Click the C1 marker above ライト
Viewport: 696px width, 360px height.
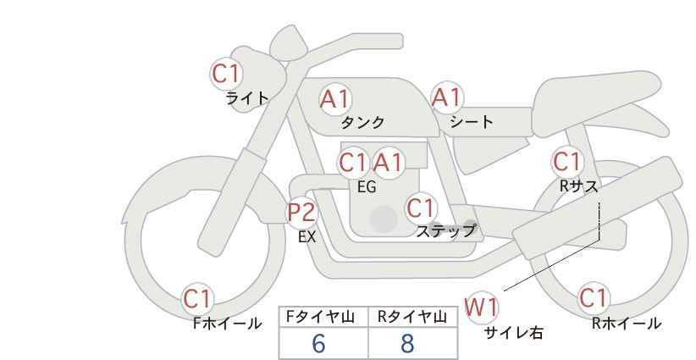(226, 74)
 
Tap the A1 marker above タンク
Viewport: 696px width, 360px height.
(335, 99)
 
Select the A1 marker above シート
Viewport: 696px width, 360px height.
(447, 97)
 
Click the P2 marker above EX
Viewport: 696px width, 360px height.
(302, 212)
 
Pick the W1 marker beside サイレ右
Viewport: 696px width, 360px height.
(481, 307)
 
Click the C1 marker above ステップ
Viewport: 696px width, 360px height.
(421, 208)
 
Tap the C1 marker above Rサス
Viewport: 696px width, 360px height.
(567, 162)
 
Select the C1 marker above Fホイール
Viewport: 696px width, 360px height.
(197, 299)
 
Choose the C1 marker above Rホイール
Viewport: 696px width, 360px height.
(594, 298)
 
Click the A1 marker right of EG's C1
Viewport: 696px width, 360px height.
(388, 163)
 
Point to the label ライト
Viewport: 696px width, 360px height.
(247, 98)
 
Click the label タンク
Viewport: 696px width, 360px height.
(362, 123)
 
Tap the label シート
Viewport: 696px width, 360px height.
(472, 122)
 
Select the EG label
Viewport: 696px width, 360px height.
(367, 187)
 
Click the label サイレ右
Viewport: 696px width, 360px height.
(514, 333)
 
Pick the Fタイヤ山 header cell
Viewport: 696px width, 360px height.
(323, 317)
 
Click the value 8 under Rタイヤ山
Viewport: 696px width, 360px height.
(407, 343)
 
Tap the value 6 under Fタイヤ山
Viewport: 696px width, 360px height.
(318, 343)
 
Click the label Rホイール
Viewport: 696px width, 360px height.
(627, 324)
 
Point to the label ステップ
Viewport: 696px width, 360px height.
(445, 231)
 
